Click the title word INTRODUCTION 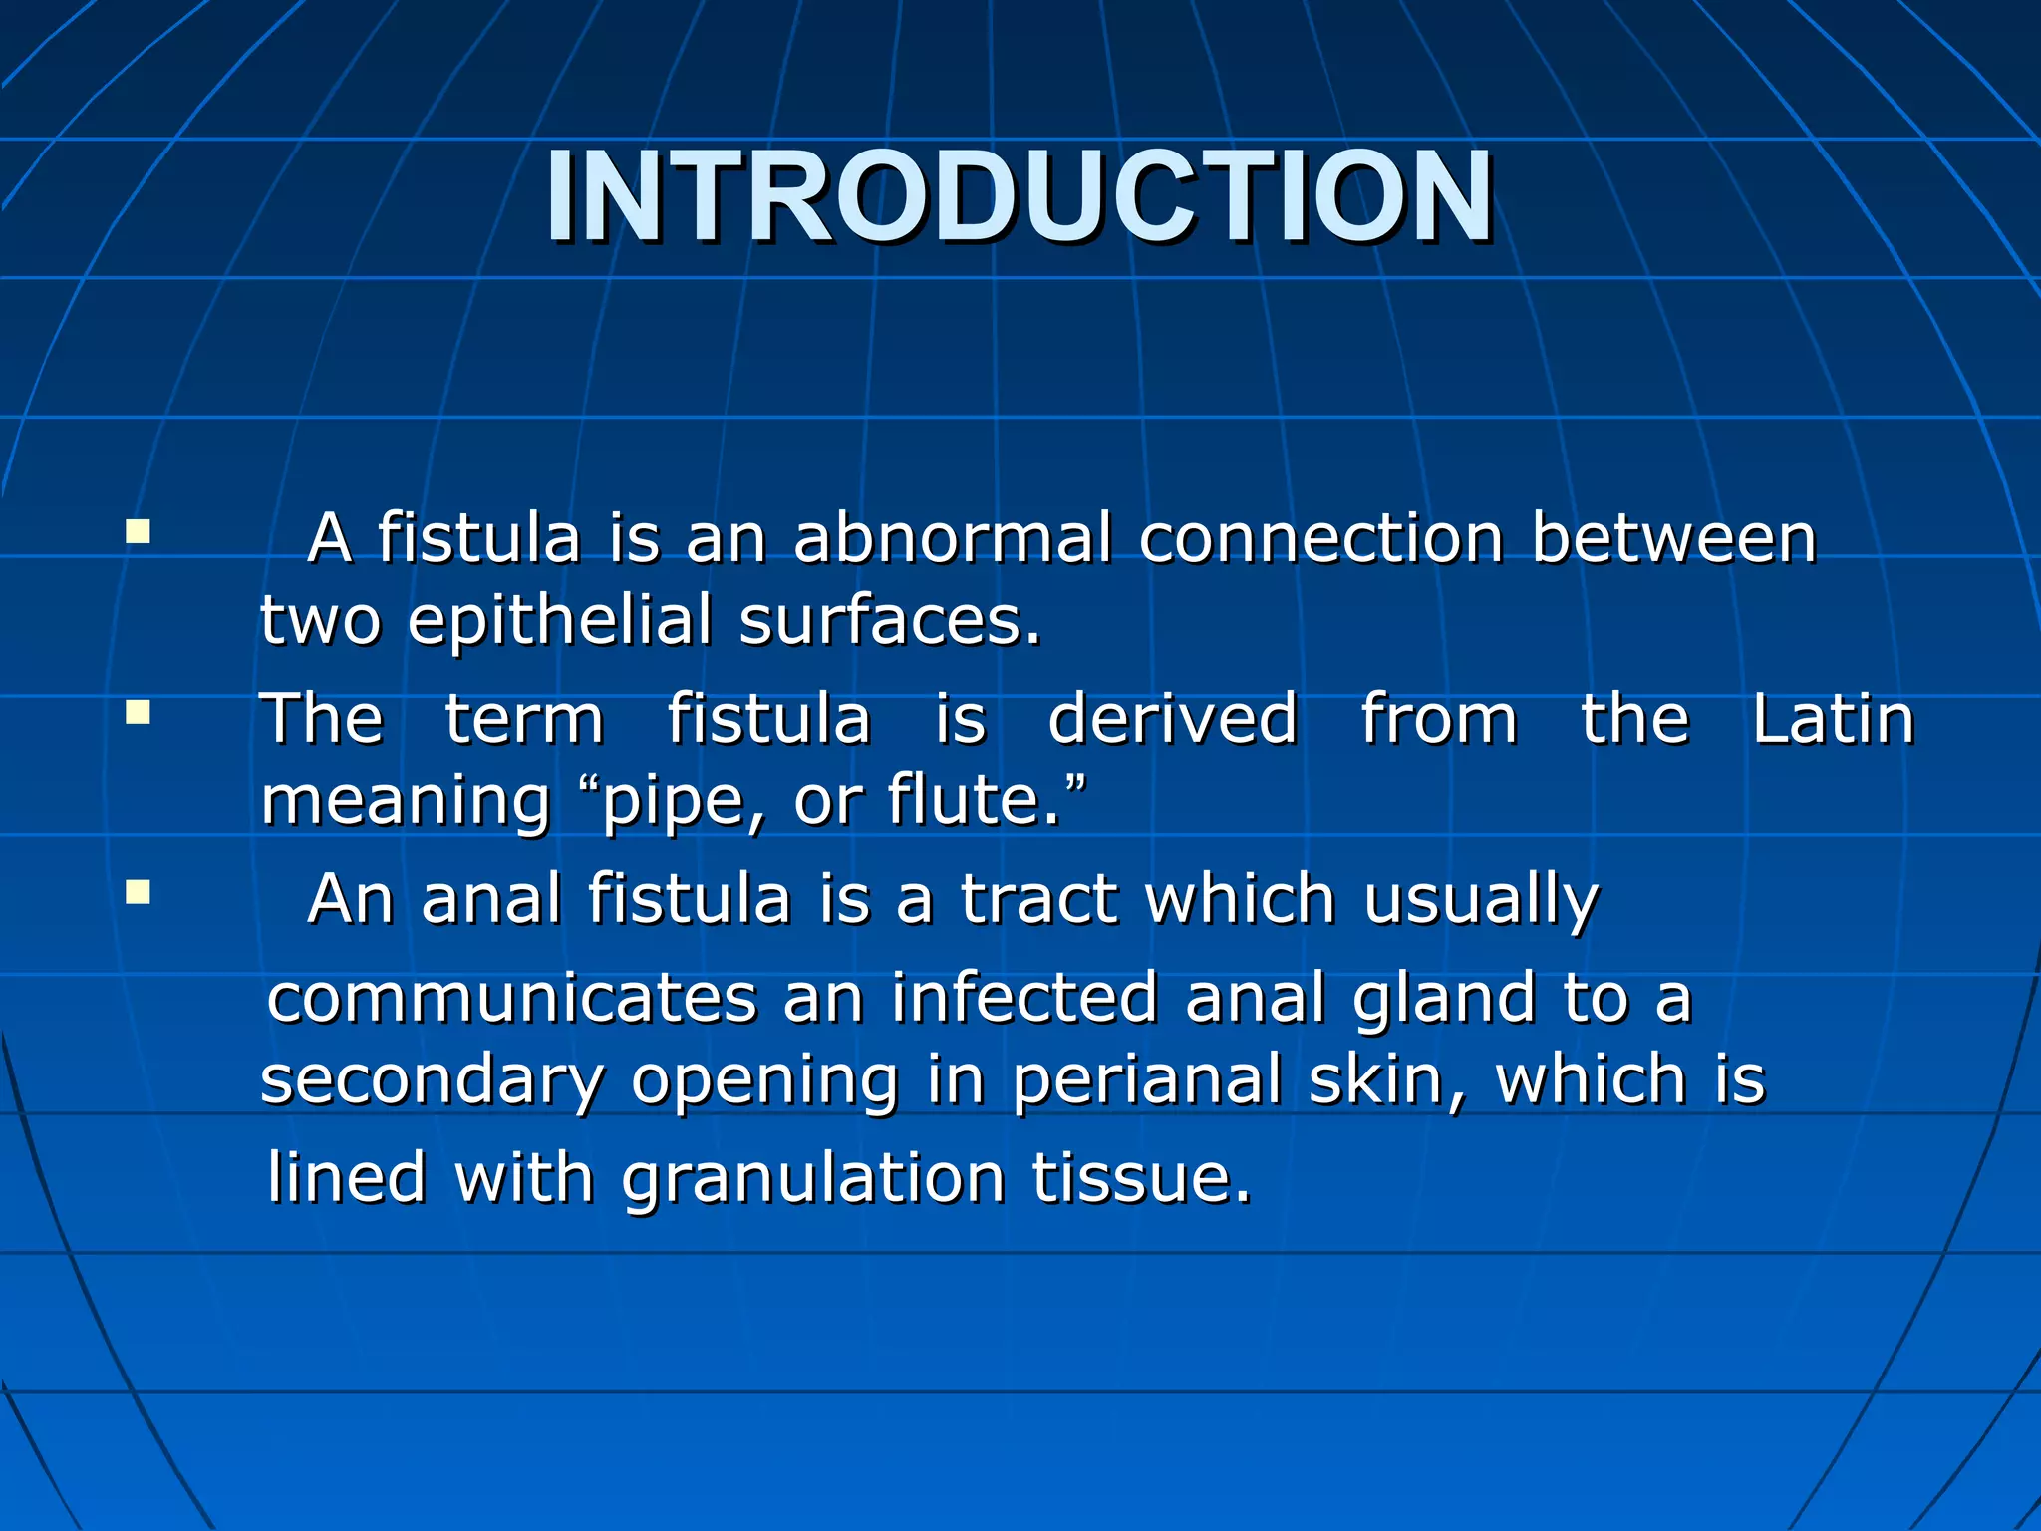point(1019,196)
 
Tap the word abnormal point(952,538)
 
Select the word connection point(1320,538)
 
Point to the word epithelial point(560,620)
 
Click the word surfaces point(890,620)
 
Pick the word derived point(1172,719)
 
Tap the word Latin point(1833,719)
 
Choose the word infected point(1024,999)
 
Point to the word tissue point(1140,1178)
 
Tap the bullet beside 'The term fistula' point(138,712)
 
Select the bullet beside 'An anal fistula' point(138,891)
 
